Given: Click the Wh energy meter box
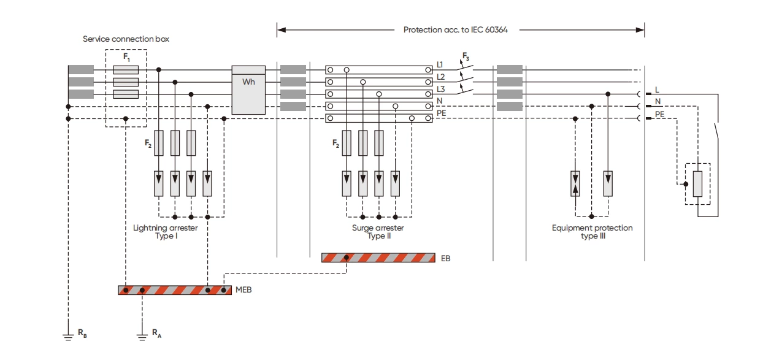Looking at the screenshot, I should point(248,90).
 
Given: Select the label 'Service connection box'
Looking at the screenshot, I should point(126,39).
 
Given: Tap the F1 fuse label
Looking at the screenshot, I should point(126,57).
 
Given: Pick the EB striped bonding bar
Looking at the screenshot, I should point(378,258).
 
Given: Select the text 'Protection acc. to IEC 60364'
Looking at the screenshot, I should point(455,29).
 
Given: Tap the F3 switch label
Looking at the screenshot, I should point(466,57).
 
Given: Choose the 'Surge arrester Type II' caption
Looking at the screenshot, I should point(378,232).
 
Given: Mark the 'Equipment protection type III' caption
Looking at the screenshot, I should point(592,232).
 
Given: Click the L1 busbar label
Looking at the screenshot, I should point(440,64).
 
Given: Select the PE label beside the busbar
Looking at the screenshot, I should point(441,113).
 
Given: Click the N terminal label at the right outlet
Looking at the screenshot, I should point(658,102).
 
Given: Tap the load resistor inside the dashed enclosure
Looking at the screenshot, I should point(697,184).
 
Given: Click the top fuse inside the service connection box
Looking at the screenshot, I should point(126,70).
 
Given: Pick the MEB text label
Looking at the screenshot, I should point(243,290).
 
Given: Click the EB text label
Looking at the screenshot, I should point(446,259).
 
